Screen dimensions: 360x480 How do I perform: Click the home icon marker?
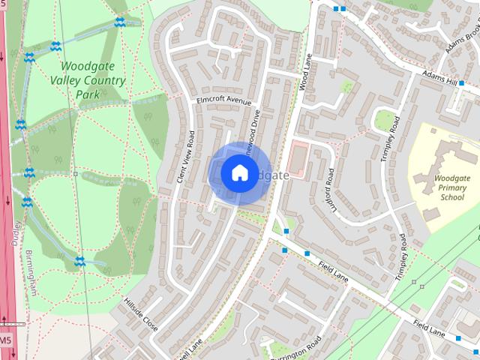click(x=238, y=173)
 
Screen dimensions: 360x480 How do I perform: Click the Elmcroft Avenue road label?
click(x=223, y=100)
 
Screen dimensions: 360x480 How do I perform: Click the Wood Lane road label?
click(x=306, y=72)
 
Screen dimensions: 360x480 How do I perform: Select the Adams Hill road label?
click(x=439, y=79)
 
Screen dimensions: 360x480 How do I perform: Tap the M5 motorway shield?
click(x=5, y=340)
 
